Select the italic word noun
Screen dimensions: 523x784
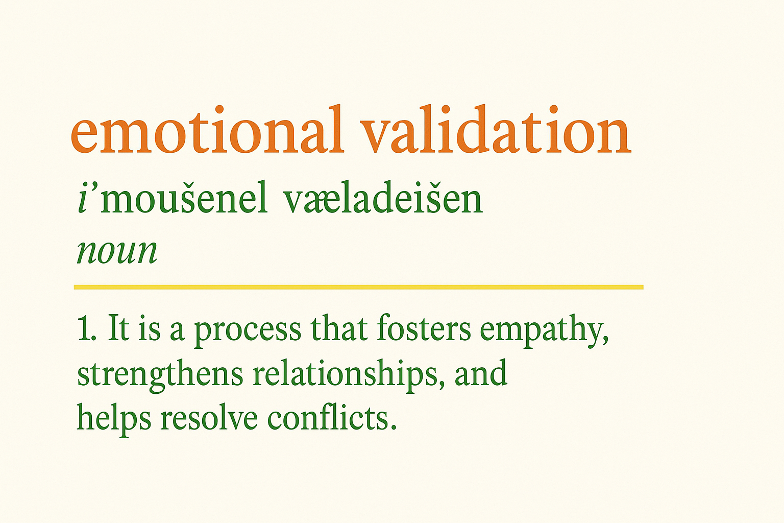[x=117, y=251]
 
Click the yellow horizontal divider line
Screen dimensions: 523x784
[x=358, y=287]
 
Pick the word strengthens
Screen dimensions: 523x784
[x=160, y=374]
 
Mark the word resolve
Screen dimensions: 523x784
[x=209, y=418]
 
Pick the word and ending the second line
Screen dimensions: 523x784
[x=481, y=373]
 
